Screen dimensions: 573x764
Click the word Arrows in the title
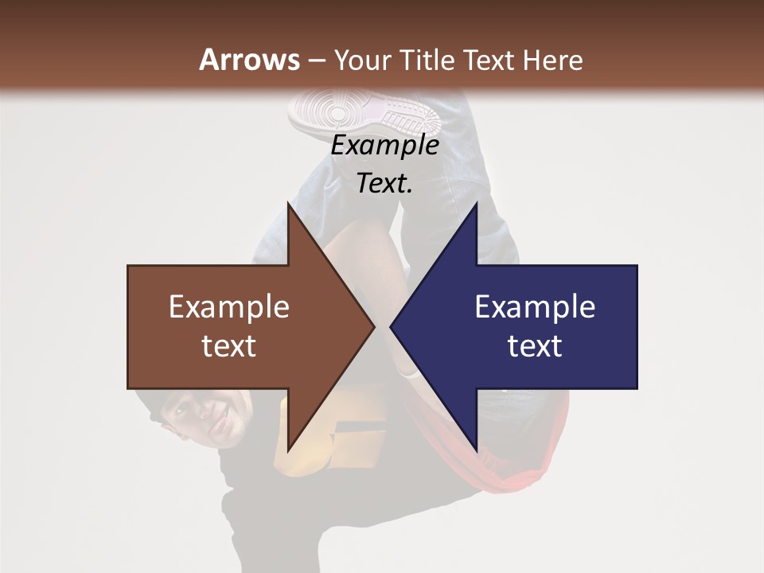[x=249, y=60]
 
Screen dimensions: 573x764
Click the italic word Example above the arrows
[x=384, y=146]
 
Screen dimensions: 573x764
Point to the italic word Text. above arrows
[x=384, y=184]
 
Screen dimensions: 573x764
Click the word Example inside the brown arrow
[x=228, y=306]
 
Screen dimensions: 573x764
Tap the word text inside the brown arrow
[x=228, y=346]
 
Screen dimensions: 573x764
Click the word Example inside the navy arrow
[x=535, y=306]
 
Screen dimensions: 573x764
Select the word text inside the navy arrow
[x=535, y=346]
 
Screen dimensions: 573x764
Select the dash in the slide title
[x=316, y=60]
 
